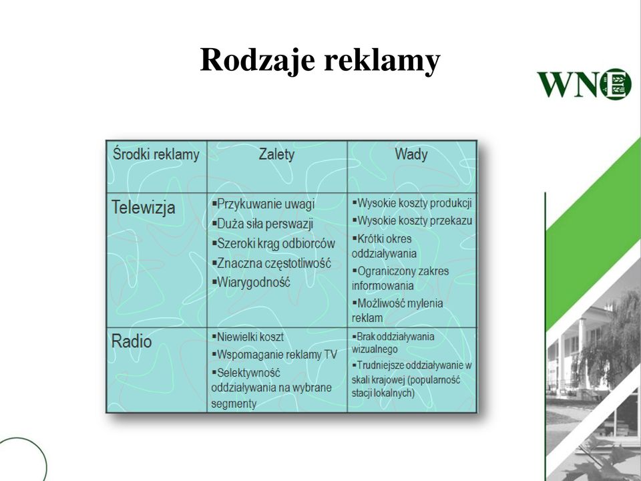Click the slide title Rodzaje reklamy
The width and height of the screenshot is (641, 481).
320,61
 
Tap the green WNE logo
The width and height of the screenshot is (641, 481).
584,84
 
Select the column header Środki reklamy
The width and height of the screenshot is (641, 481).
156,154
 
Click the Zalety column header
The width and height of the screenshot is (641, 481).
276,154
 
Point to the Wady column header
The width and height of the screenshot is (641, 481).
411,154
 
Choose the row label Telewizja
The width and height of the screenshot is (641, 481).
143,207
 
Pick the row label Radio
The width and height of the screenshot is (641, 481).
132,341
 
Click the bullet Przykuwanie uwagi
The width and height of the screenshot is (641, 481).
263,204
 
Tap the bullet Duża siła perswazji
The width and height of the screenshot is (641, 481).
262,224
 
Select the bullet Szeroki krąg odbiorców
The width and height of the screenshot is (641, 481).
274,243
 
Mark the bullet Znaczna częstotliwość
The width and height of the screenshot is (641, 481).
272,263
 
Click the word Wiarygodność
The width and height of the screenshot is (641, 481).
254,282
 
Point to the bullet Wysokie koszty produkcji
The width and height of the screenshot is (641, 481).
412,203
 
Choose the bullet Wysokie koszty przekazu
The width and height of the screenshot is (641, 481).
412,221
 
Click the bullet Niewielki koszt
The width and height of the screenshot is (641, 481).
248,337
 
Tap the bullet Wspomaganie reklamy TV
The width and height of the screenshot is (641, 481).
274,354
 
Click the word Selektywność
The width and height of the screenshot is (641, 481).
248,373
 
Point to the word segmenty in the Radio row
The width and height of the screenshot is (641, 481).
234,404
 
